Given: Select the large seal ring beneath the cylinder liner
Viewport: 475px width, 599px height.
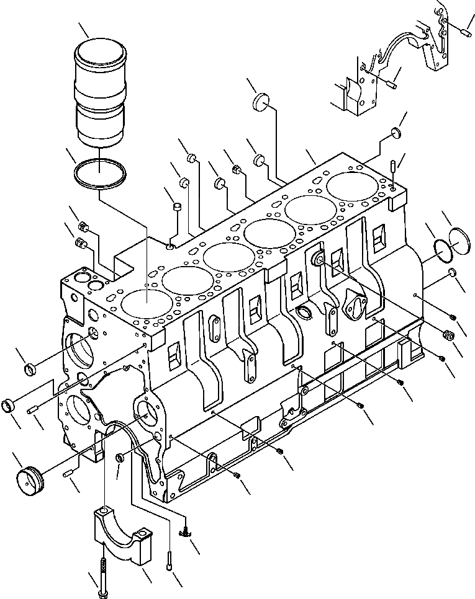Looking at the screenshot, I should coord(99,173).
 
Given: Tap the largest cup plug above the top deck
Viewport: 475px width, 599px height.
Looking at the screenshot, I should coord(263,103).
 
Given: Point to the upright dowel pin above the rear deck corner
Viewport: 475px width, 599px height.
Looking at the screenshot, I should coord(394,168).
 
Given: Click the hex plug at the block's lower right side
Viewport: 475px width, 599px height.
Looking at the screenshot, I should coord(446,334).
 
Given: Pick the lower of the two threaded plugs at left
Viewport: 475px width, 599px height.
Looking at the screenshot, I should coord(79,244).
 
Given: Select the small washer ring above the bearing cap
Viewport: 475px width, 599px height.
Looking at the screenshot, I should coord(120,458).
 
